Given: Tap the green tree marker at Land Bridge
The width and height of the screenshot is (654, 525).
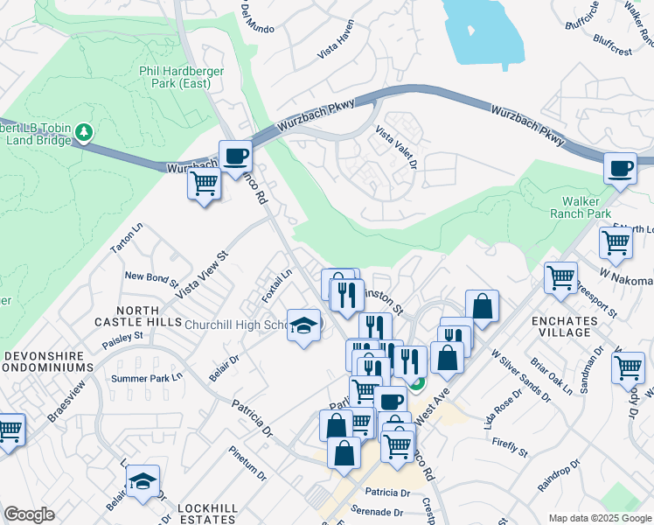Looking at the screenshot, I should coord(84,132).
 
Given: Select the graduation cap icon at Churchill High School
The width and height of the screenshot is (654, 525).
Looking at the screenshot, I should coord(303,325).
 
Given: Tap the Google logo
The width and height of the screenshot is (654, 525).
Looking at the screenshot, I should coord(29,514).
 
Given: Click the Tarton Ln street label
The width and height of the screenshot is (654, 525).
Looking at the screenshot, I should coord(125,238).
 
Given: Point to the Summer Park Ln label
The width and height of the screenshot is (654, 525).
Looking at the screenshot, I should coord(146,378).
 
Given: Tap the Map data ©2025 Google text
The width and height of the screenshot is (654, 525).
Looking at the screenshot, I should coord(599,518).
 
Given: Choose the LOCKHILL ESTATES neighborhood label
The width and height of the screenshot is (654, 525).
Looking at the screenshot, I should coord(214,514).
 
